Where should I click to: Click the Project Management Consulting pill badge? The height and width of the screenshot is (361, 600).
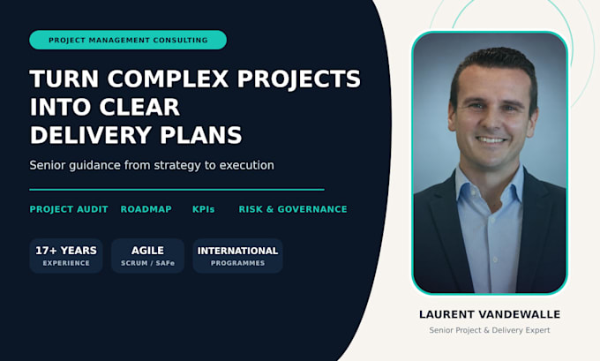pos(128,40)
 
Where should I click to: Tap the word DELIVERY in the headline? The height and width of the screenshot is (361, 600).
pos(91,135)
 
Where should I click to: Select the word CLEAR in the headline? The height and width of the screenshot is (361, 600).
pos(139,107)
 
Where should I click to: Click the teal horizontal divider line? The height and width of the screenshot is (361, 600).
pos(176,190)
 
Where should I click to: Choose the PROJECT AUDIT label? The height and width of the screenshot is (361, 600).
pos(69,209)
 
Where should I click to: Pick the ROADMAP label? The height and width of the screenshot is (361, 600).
pos(146,209)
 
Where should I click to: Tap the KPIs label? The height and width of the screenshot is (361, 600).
pos(203,209)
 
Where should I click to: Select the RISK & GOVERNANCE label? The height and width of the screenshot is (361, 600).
pos(293,209)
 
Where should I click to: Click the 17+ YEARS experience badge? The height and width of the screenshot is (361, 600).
pos(66,256)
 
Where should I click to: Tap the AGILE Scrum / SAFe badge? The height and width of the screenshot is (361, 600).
pos(147,256)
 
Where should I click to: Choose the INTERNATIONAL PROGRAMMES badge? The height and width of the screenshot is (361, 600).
pos(237,256)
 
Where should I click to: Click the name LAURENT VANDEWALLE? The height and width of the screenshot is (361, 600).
pos(490,314)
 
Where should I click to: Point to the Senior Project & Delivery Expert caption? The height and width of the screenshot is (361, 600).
pos(490,330)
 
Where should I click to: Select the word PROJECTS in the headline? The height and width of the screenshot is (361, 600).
pos(299,79)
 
